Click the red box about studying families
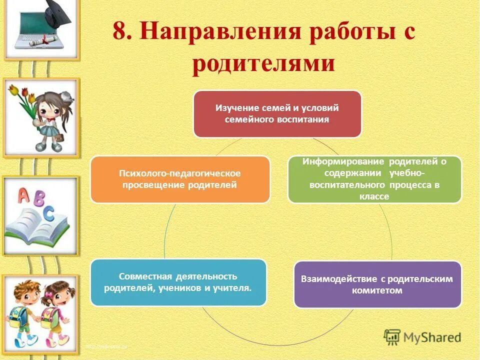pyautogui.click(x=277, y=114)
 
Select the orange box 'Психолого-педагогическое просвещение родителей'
pyautogui.click(x=180, y=179)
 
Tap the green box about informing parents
pyautogui.click(x=374, y=179)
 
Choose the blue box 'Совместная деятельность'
pyautogui.click(x=178, y=282)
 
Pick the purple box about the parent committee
pyautogui.click(x=377, y=284)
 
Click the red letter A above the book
pyautogui.click(x=23, y=195)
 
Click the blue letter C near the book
pyautogui.click(x=48, y=213)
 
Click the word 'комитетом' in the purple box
pyautogui.click(x=377, y=290)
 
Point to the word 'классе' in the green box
pyautogui.click(x=374, y=197)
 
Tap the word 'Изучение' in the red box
pyautogui.click(x=234, y=108)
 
